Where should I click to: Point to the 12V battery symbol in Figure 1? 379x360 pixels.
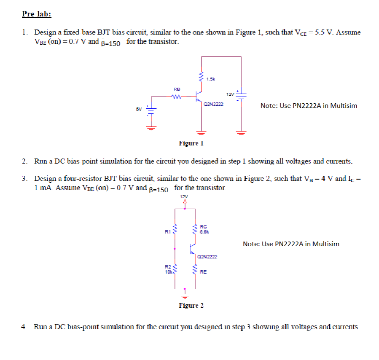[x=241, y=95]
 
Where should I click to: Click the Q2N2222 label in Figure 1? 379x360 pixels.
[x=213, y=104]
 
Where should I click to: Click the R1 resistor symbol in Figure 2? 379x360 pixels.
[x=175, y=231]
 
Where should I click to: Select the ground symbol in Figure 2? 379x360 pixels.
[x=185, y=291]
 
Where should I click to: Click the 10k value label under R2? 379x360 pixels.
[x=168, y=272]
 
